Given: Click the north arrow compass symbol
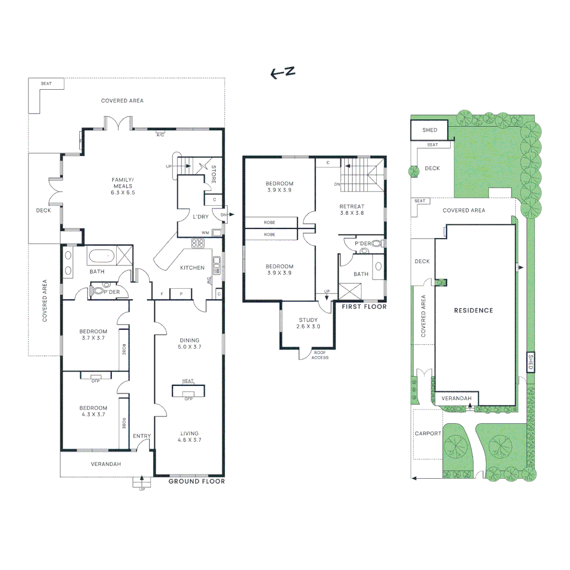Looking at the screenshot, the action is pyautogui.click(x=283, y=72).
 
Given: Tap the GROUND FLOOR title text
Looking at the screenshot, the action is pyautogui.click(x=197, y=481).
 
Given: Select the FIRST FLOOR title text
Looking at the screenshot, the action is pyautogui.click(x=364, y=307).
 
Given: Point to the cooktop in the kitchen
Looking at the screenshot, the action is pyautogui.click(x=198, y=243).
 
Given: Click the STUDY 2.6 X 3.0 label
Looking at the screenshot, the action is pyautogui.click(x=308, y=323).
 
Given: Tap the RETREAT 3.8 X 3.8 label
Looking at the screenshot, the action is pyautogui.click(x=352, y=210).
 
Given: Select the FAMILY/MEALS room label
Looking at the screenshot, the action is pyautogui.click(x=123, y=186).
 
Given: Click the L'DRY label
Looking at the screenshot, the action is pyautogui.click(x=201, y=217).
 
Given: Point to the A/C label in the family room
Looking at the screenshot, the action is pyautogui.click(x=160, y=135).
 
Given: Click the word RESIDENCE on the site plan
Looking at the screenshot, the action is pyautogui.click(x=473, y=310).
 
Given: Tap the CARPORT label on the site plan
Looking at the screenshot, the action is pyautogui.click(x=428, y=434).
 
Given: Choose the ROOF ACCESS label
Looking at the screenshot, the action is pyautogui.click(x=320, y=355).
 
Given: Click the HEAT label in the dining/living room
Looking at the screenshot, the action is pyautogui.click(x=188, y=381).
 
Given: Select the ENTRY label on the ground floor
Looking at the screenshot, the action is pyautogui.click(x=142, y=436).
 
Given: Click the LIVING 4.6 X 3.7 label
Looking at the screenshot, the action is pyautogui.click(x=189, y=436).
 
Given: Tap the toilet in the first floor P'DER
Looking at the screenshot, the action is pyautogui.click(x=377, y=243).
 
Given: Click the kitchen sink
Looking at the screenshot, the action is pyautogui.click(x=217, y=265).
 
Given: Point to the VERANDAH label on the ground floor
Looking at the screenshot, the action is pyautogui.click(x=106, y=464).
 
